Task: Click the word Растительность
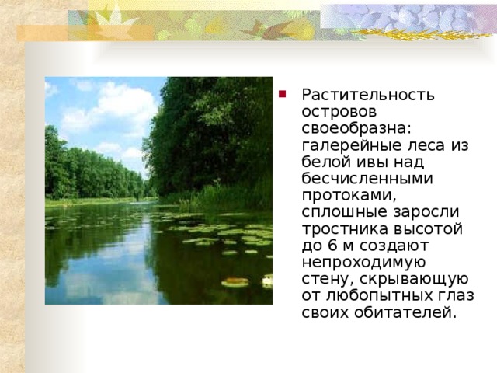(x=367, y=95)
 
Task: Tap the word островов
(x=336, y=113)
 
